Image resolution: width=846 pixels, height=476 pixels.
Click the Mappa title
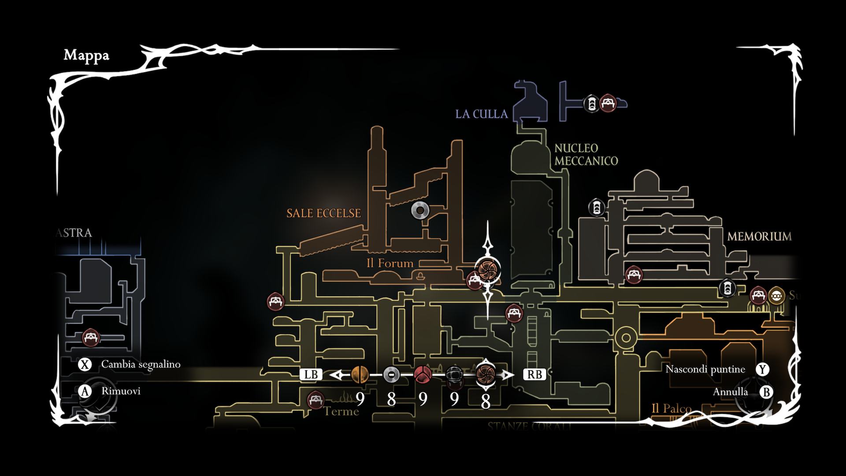click(x=86, y=56)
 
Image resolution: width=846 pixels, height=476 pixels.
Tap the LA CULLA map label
click(x=482, y=114)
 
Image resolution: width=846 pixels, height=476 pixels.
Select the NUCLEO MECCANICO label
click(x=586, y=155)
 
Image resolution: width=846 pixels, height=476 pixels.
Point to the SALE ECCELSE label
click(x=323, y=213)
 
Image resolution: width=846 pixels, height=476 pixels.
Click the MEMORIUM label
click(x=759, y=237)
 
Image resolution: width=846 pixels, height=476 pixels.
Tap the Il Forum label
click(x=390, y=264)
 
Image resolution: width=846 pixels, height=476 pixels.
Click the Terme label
click(x=341, y=411)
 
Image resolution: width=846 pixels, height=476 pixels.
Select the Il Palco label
click(x=672, y=409)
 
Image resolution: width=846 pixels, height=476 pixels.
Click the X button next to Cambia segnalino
click(x=85, y=364)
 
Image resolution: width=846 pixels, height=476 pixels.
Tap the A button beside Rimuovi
click(x=85, y=391)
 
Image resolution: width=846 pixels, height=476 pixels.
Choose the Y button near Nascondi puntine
click(x=762, y=369)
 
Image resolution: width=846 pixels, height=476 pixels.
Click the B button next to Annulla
click(x=767, y=392)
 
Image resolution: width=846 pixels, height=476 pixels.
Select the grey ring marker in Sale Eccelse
click(x=420, y=211)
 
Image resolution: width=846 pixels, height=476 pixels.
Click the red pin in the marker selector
click(x=423, y=375)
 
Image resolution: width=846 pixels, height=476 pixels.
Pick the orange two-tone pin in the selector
click(x=360, y=375)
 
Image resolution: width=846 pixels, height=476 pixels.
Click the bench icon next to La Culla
click(x=608, y=103)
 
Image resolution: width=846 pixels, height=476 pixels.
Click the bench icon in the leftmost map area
click(x=91, y=338)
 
